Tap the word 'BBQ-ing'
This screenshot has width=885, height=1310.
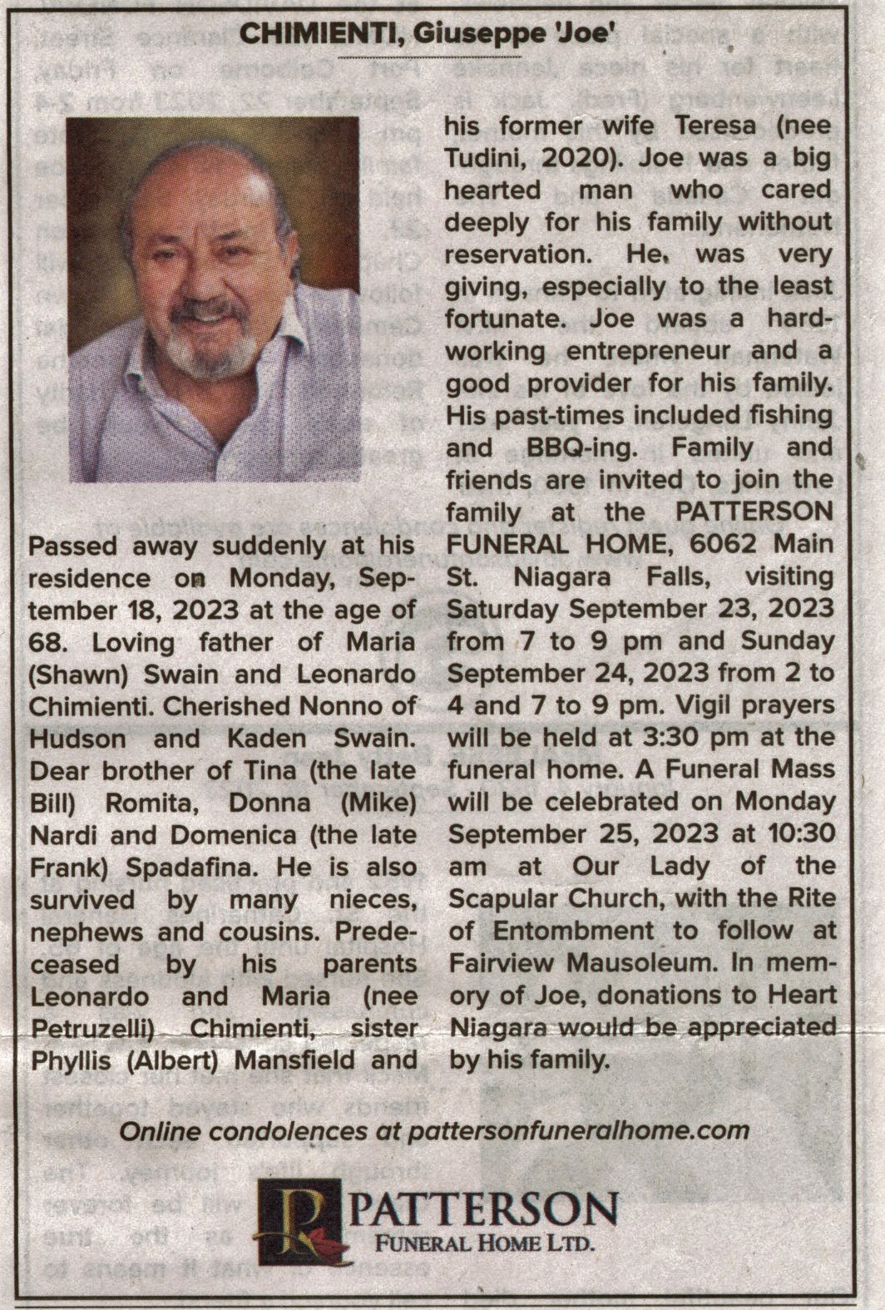tap(581, 447)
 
